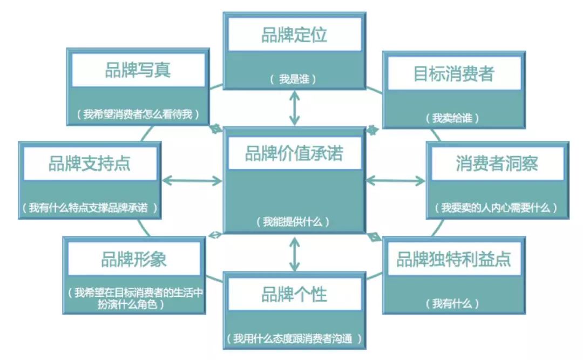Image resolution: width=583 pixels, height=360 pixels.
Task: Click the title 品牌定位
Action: click(x=294, y=35)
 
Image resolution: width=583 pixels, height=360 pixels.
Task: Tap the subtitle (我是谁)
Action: click(x=293, y=79)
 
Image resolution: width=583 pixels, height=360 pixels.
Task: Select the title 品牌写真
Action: click(x=138, y=70)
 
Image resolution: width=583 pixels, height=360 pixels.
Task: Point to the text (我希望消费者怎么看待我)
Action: click(x=138, y=114)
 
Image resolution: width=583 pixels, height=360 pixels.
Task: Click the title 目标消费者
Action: click(x=453, y=73)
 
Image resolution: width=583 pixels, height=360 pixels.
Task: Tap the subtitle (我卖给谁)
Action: click(x=452, y=118)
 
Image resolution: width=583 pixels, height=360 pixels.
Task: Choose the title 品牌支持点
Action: click(x=89, y=164)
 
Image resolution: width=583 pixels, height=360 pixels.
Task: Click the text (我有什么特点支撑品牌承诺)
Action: click(x=89, y=207)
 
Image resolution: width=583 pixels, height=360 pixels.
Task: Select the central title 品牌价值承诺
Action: click(x=294, y=153)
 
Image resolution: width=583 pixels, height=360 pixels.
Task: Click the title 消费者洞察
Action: click(x=497, y=164)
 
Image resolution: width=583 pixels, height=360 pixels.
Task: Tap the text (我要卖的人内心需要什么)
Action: click(x=496, y=207)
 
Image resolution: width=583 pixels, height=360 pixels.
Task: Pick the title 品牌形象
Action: click(x=133, y=259)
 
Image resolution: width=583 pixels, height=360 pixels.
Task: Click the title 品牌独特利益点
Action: click(x=453, y=259)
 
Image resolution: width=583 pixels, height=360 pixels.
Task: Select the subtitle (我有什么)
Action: click(x=452, y=304)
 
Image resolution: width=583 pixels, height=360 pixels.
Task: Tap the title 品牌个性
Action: click(x=294, y=294)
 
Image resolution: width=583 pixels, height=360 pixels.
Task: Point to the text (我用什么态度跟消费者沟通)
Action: click(x=294, y=338)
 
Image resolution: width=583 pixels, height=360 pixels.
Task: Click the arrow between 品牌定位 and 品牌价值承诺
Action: click(x=295, y=108)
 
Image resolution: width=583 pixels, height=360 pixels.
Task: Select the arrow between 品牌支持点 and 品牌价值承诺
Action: click(x=192, y=181)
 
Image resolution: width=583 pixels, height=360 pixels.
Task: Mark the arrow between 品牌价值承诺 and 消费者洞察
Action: click(x=396, y=181)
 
